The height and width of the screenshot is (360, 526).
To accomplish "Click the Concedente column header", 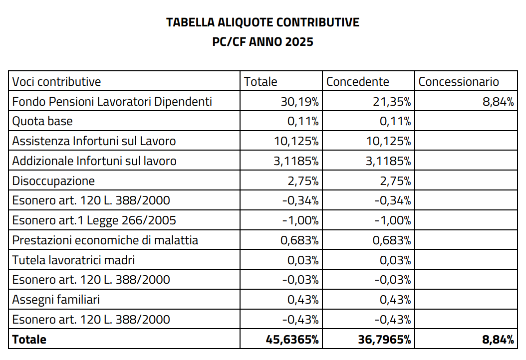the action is pyautogui.click(x=358, y=81).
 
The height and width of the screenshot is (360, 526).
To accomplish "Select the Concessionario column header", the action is pyautogui.click(x=459, y=81).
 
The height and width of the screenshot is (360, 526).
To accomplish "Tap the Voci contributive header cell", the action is pyautogui.click(x=56, y=81).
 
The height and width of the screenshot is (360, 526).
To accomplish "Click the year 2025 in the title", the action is pyautogui.click(x=299, y=41).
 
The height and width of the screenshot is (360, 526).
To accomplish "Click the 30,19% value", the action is pyautogui.click(x=299, y=101).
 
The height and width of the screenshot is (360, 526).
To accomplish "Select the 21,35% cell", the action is pyautogui.click(x=392, y=101).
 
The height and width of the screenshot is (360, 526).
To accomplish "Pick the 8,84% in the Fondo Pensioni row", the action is pyautogui.click(x=498, y=101).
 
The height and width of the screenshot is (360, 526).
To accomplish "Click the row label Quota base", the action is pyautogui.click(x=42, y=121).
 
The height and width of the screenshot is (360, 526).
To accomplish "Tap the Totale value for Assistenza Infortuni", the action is pyautogui.click(x=296, y=141).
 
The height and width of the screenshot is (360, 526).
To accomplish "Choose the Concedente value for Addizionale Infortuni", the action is pyautogui.click(x=388, y=161).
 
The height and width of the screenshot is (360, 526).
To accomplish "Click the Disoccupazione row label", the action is pyautogui.click(x=53, y=180).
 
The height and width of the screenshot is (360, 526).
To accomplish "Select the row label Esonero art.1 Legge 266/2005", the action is pyautogui.click(x=94, y=220).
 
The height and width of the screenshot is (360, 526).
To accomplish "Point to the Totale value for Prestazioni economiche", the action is pyautogui.click(x=299, y=240).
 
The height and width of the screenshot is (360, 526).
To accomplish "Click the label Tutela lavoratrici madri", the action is pyautogui.click(x=73, y=260).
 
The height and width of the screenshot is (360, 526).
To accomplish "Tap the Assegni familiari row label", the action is pyautogui.click(x=56, y=299).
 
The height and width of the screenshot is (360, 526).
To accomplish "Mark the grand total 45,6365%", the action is pyautogui.click(x=292, y=339).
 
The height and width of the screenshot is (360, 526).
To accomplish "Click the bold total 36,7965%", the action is pyautogui.click(x=384, y=339).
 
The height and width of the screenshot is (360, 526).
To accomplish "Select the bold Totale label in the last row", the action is pyautogui.click(x=29, y=339).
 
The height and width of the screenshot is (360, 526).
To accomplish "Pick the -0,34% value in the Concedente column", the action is pyautogui.click(x=393, y=200).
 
